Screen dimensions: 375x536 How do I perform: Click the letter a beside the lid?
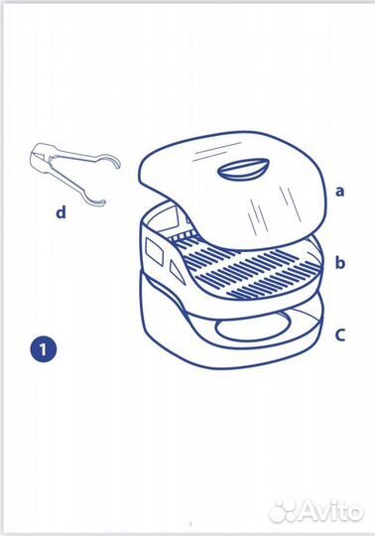(x=339, y=192)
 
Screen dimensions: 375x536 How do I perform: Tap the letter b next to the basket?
(x=340, y=262)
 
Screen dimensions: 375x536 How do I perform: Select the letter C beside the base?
(x=340, y=335)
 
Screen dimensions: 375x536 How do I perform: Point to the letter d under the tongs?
(x=61, y=212)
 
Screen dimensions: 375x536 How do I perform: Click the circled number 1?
(x=43, y=349)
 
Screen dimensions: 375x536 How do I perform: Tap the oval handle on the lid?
(x=243, y=169)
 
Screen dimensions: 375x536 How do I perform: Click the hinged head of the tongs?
(x=41, y=157)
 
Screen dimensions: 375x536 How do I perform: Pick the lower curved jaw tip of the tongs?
(x=97, y=201)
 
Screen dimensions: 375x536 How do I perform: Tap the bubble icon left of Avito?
(x=285, y=511)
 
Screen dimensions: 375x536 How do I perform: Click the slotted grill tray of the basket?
(x=246, y=268)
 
